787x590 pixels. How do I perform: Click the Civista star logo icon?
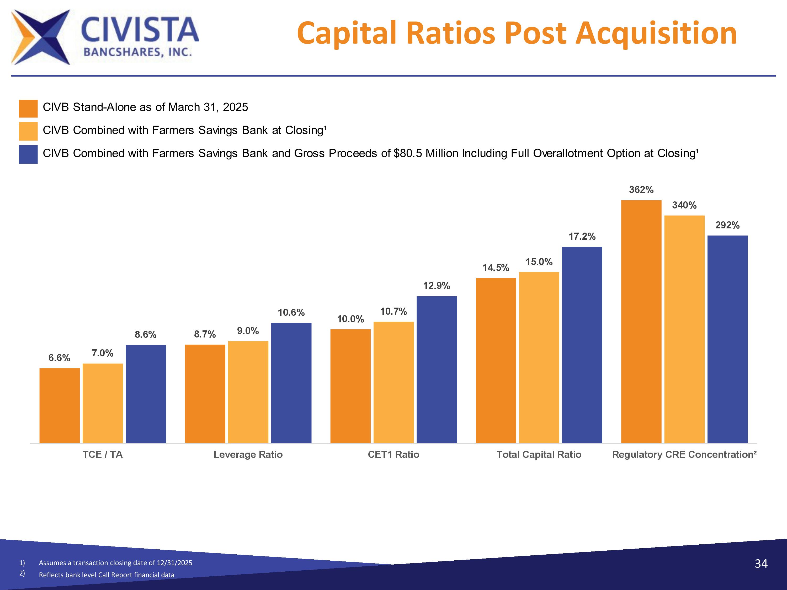[41, 37]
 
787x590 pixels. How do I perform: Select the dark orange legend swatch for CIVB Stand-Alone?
[28, 109]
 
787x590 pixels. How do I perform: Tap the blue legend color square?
[28, 154]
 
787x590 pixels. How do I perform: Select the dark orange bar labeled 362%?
[641, 321]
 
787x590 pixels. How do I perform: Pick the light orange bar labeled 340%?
[684, 329]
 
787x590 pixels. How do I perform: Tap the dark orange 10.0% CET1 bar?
[350, 386]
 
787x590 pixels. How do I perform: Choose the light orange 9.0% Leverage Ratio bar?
[248, 392]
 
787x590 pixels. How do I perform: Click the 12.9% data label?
[437, 286]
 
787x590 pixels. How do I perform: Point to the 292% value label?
[727, 225]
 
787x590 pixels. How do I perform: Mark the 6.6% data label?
[59, 358]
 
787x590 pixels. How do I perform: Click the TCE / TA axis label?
[103, 454]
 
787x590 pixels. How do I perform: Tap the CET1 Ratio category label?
[393, 454]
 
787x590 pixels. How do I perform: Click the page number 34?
[761, 564]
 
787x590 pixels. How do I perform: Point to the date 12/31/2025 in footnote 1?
[174, 563]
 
